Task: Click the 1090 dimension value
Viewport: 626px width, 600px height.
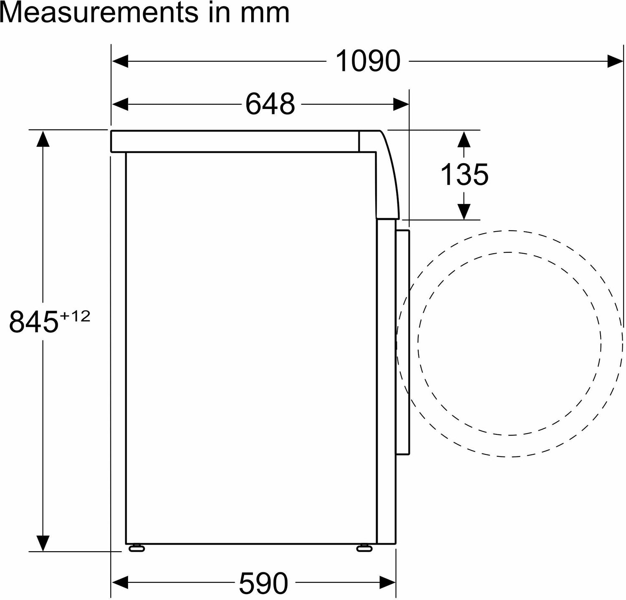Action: tap(368, 61)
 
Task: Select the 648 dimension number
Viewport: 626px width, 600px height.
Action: tap(270, 103)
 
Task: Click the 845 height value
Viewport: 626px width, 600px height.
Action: tap(33, 322)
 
